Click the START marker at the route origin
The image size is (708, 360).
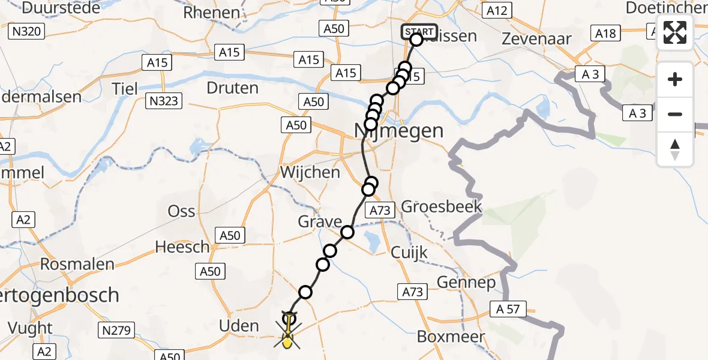[419, 32]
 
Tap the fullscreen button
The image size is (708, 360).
[675, 32]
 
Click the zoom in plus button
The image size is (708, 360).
[675, 79]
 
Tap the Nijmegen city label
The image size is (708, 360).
[399, 130]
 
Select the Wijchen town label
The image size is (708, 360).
[310, 173]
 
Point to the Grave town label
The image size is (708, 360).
[320, 222]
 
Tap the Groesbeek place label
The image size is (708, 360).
[442, 208]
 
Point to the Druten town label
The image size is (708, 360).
[232, 88]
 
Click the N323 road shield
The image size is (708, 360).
[164, 101]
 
